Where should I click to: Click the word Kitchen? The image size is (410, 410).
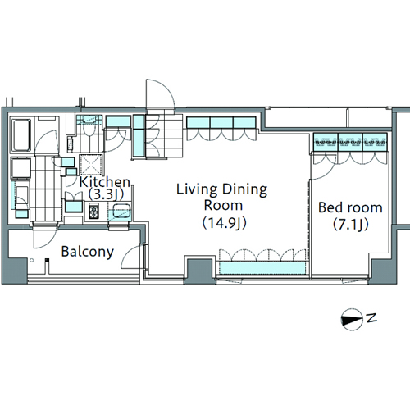click(x=105, y=182)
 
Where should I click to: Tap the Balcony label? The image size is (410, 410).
click(x=88, y=252)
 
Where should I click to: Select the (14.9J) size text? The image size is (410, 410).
click(x=224, y=223)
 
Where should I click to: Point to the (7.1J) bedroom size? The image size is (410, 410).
click(x=351, y=225)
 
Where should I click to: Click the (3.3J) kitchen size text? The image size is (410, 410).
click(x=106, y=194)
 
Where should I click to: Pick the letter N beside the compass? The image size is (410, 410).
click(x=371, y=318)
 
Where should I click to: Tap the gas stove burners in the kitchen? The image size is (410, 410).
click(x=93, y=212)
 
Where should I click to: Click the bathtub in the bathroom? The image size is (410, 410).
click(x=20, y=135)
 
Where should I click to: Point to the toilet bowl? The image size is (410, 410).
click(x=88, y=128)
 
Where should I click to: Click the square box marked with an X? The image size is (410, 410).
click(x=91, y=165)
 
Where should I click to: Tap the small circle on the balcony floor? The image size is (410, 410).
click(x=32, y=260)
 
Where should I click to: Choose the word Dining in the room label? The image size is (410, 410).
click(x=244, y=189)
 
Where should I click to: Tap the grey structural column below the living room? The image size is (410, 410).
click(x=200, y=271)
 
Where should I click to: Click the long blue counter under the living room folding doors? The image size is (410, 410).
click(x=262, y=268)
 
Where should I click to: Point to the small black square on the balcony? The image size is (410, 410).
click(x=48, y=260)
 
